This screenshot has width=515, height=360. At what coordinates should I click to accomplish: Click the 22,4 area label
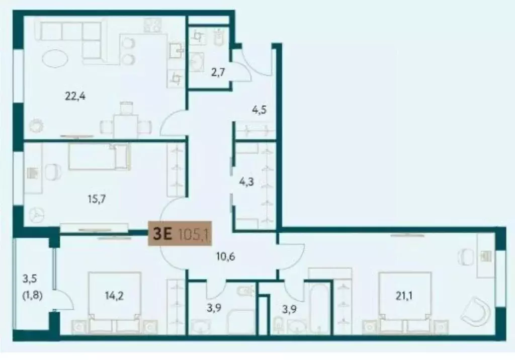point(75,97)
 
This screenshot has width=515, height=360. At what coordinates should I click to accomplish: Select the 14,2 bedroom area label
point(112,295)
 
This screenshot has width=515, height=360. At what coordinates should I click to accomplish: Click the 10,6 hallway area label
point(225,257)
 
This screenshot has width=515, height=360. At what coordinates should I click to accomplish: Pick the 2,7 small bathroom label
point(217,72)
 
